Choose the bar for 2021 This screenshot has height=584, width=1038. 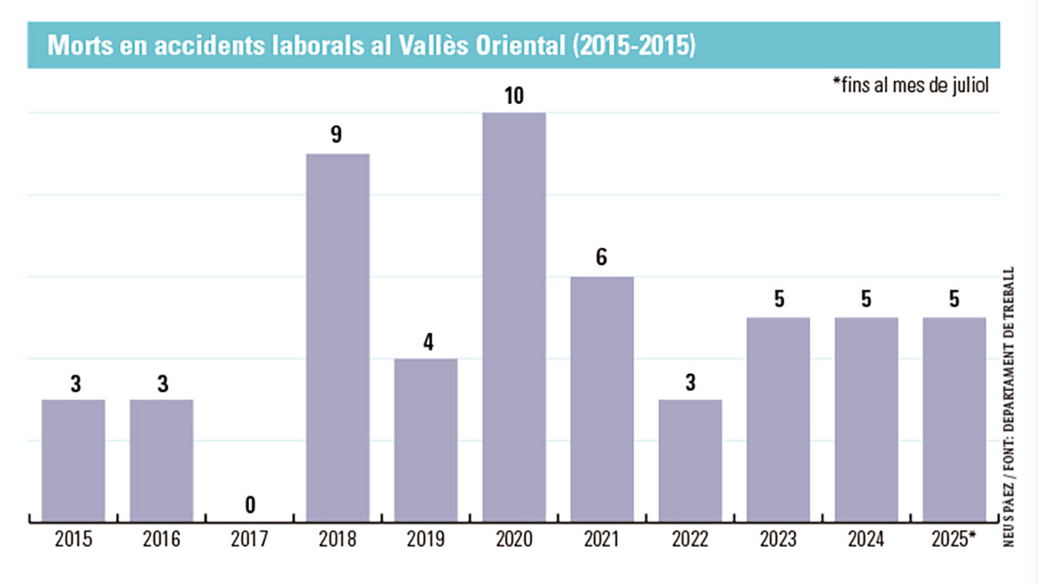tap(602, 399)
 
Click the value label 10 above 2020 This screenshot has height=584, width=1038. tap(514, 96)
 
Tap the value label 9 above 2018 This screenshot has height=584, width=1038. tap(337, 136)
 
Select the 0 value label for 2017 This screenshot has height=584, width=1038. tap(250, 504)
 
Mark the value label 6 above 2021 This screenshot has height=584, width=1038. tap(602, 259)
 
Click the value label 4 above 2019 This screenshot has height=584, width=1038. tap(426, 341)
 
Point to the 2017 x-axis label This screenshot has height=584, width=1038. tap(250, 540)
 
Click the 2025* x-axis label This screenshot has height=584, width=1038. tap(955, 540)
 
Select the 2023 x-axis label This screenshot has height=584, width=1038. tap(778, 540)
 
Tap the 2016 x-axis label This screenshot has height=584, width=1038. tap(162, 540)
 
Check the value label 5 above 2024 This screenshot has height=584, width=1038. tap(866, 300)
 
